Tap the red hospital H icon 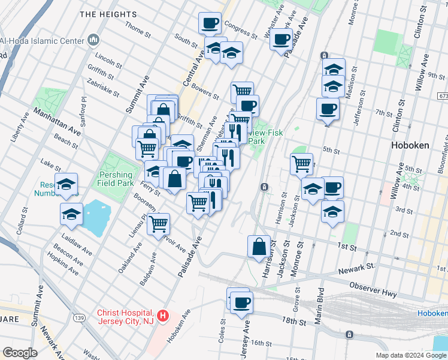(164, 315)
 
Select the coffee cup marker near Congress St (210, 23)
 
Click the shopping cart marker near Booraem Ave (159, 224)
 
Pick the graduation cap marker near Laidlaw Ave (71, 214)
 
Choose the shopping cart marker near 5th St (301, 164)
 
